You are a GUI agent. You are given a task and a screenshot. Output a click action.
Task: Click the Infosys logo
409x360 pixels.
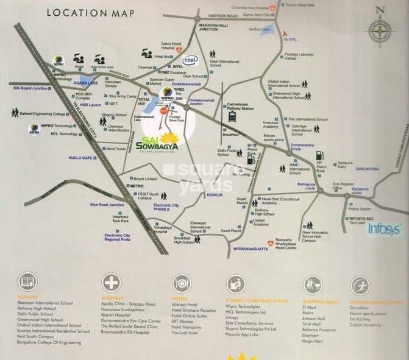[384, 229]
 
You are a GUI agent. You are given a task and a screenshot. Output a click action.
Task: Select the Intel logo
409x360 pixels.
[191, 60]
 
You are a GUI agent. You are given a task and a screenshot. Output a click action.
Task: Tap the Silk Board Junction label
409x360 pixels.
[30, 88]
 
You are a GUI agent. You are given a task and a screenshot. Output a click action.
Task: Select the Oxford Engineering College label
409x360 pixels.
[42, 113]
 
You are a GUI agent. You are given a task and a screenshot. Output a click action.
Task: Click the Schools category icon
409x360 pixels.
[28, 282]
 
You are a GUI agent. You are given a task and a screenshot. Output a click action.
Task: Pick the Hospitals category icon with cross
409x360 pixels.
[112, 282]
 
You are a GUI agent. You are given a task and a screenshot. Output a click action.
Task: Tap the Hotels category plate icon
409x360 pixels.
[181, 283]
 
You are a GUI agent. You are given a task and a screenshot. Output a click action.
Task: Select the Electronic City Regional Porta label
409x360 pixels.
[117, 238]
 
